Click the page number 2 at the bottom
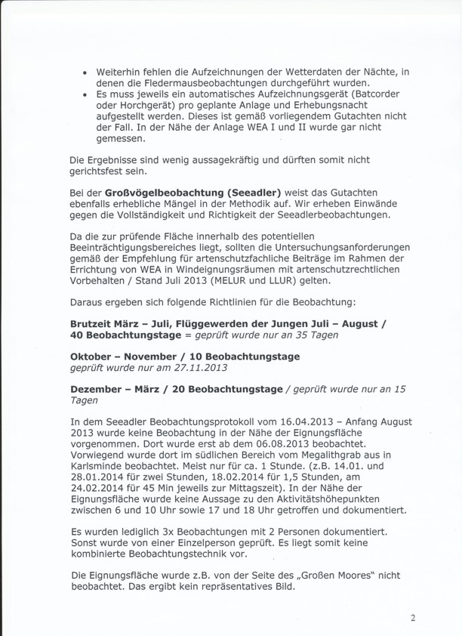[413, 618]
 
